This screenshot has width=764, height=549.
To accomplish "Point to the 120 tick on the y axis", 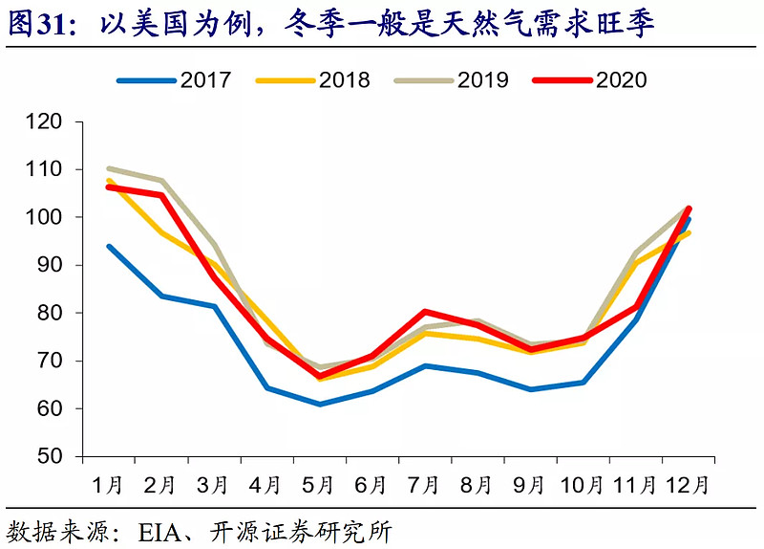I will coord(46,122).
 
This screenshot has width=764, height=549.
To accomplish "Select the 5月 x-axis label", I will coord(318,484).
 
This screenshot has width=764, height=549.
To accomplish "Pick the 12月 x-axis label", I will coord(688,484).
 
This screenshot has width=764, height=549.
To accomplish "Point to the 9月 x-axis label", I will coord(530,484).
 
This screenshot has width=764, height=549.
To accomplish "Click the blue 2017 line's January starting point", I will coord(108,246).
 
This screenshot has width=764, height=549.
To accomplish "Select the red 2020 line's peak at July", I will coord(424,311).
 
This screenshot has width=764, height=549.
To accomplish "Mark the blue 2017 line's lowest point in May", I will coord(319,405).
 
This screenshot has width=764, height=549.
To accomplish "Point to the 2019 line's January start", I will coord(108,168).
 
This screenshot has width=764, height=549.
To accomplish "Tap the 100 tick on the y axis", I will coord(46,218).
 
